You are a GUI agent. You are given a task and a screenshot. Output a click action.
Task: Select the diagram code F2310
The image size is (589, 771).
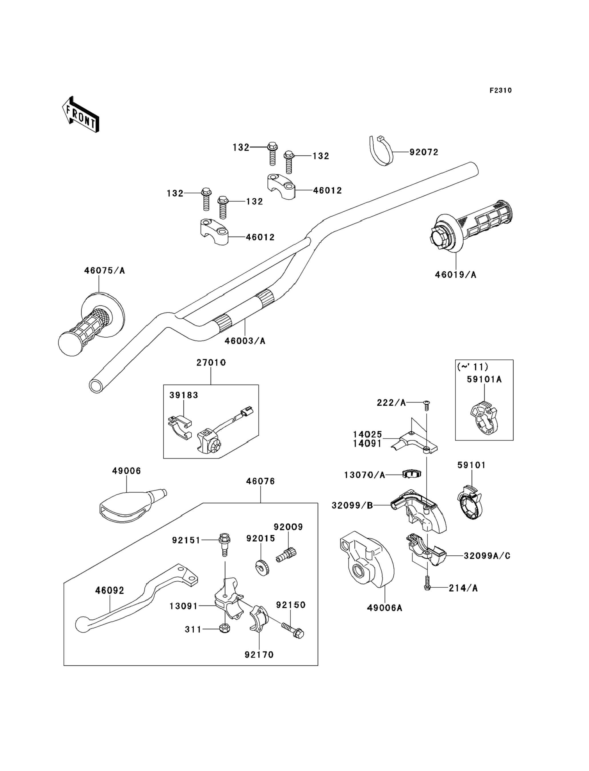click(501, 91)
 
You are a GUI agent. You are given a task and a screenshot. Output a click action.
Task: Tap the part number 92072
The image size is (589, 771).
click(424, 152)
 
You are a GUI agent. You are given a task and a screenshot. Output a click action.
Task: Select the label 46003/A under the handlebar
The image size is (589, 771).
click(245, 341)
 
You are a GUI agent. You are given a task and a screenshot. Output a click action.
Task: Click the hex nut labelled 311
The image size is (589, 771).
click(225, 629)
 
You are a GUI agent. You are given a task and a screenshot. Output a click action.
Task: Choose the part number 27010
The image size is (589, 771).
click(211, 363)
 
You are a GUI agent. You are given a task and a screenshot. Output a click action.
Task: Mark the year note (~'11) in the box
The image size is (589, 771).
click(473, 367)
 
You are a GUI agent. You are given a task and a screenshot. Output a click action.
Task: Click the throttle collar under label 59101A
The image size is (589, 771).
click(484, 418)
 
